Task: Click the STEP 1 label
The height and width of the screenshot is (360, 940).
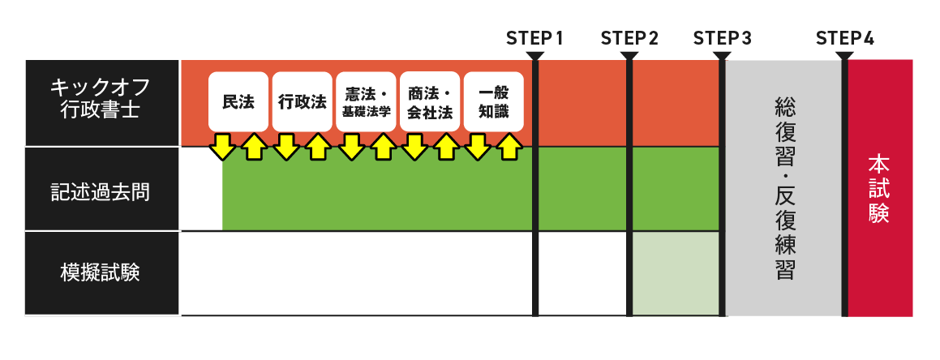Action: click(534, 38)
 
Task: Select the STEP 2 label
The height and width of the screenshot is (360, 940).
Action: click(629, 38)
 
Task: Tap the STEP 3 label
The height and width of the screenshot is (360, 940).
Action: click(723, 38)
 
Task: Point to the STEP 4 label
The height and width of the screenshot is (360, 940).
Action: click(845, 38)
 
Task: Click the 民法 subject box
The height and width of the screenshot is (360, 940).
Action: click(238, 102)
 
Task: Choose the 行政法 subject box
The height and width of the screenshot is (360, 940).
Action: click(302, 102)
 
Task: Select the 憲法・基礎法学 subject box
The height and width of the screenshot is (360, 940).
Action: click(366, 102)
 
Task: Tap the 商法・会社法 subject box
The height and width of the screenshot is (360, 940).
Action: click(430, 102)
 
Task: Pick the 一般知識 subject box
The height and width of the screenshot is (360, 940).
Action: click(493, 102)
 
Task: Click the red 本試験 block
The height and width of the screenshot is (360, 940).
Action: click(880, 188)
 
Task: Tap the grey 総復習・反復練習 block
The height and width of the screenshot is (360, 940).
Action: click(783, 188)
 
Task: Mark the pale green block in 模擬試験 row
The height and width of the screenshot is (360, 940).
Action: click(676, 273)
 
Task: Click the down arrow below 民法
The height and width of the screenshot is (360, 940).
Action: click(222, 146)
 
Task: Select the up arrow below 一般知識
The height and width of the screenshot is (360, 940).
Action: click(509, 147)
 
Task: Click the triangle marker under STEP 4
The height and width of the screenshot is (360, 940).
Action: click(844, 56)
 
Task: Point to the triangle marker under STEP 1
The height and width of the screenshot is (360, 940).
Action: click(535, 56)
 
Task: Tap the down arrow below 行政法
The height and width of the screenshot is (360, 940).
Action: click(286, 146)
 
